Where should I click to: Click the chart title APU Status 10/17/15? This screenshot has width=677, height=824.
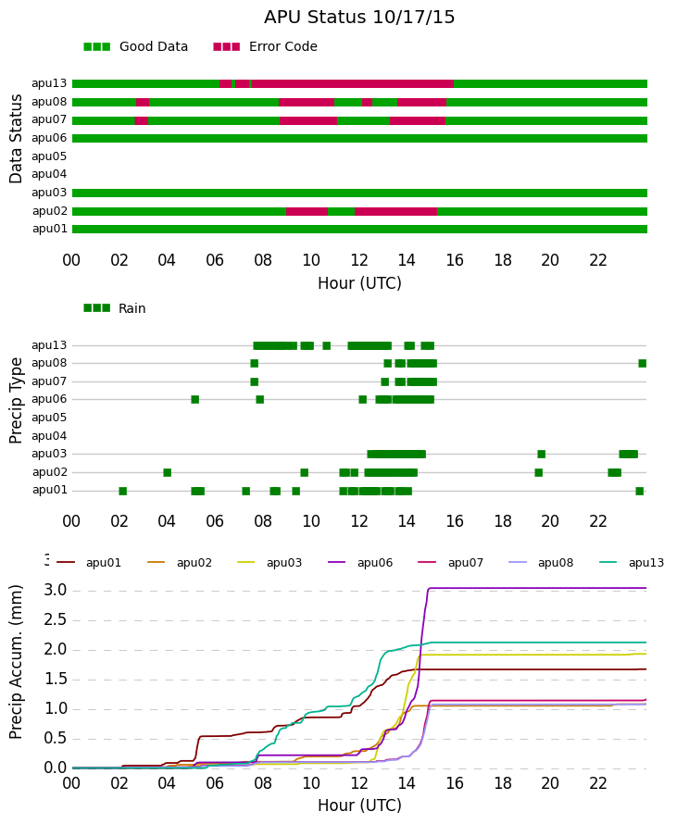(x=359, y=17)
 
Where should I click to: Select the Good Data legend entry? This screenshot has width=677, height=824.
(x=135, y=47)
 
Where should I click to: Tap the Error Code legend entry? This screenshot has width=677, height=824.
(x=266, y=47)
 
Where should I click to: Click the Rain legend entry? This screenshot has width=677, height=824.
(x=115, y=308)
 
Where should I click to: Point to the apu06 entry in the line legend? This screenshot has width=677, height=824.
(x=360, y=563)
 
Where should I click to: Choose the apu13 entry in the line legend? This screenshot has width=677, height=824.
(x=632, y=563)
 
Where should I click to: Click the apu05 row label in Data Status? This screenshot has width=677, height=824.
(x=49, y=156)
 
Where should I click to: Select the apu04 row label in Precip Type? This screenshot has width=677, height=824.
(x=49, y=436)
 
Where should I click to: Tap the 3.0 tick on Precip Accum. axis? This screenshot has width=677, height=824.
(x=56, y=590)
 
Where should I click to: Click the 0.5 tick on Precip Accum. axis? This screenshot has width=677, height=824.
(x=56, y=738)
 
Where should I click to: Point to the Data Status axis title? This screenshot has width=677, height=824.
(x=16, y=139)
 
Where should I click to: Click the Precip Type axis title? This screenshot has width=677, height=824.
(x=16, y=401)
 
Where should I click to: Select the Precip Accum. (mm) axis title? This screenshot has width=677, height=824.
(x=16, y=662)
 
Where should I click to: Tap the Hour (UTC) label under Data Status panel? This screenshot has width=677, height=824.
(x=359, y=283)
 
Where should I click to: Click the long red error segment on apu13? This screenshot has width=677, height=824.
(x=353, y=84)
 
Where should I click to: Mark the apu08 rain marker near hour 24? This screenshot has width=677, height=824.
(x=643, y=363)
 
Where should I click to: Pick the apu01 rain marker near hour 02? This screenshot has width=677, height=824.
(x=123, y=491)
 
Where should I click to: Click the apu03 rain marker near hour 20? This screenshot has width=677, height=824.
(x=542, y=454)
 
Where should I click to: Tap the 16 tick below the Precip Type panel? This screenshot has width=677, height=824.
(x=455, y=521)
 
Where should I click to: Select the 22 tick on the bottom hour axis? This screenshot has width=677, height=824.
(x=598, y=783)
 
